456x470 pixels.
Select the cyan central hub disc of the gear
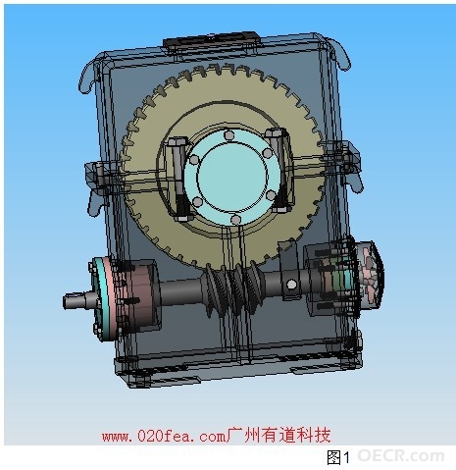tap(232, 177)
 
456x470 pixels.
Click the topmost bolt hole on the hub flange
tap(228, 134)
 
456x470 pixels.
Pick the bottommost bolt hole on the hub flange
tap(235, 219)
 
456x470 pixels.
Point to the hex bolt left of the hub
tap(178, 180)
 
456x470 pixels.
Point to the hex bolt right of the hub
tap(280, 170)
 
